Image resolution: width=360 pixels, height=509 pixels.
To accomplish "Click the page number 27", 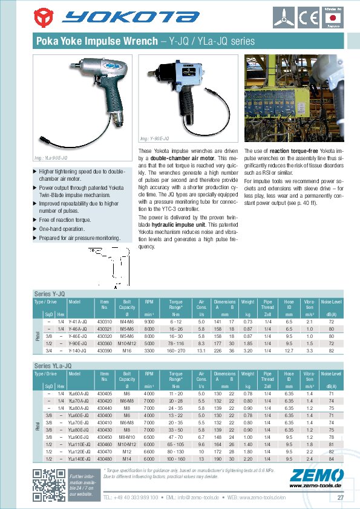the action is pos(341,498).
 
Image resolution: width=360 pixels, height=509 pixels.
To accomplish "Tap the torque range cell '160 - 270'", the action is pos(176,350).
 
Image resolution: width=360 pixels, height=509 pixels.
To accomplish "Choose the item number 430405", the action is pos(105,394).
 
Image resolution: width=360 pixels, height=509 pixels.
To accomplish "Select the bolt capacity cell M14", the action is pos(126,458).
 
